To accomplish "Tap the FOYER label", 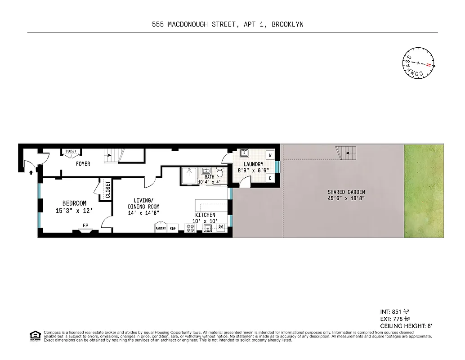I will point(83,164).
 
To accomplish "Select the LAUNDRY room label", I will point(253,164).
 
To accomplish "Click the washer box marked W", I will point(270,155).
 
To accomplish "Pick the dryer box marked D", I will point(270,178).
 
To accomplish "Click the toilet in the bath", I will point(220,172).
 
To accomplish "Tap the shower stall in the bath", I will point(189,175).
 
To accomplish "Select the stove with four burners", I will point(190,228).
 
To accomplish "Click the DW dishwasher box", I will point(221,228).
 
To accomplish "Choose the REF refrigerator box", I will point(173,229).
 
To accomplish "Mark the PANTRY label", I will point(161,229).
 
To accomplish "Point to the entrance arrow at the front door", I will point(31,171).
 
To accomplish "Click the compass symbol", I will point(418,63).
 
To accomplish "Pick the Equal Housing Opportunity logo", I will point(34,335).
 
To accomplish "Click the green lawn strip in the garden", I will point(424,191).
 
